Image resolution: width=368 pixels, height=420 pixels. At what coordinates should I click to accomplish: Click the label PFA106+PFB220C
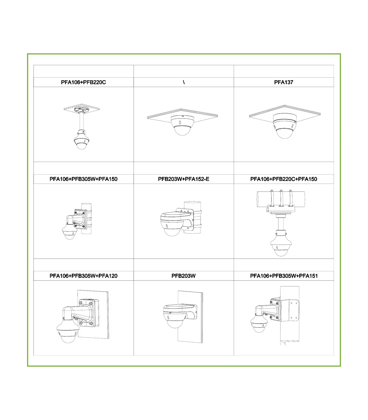coord(83,82)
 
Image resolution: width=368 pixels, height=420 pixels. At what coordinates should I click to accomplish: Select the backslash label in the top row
coord(184,82)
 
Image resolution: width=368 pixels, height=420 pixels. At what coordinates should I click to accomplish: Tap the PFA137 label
coord(283,82)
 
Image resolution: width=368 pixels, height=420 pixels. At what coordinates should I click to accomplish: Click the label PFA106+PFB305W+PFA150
coord(83,179)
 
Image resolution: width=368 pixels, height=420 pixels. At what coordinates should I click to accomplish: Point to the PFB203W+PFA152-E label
coord(184,179)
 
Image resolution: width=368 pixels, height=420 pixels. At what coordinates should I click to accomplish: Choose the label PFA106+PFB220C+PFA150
coord(283,179)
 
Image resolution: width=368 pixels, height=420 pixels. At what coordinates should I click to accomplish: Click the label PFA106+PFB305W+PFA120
coord(83,276)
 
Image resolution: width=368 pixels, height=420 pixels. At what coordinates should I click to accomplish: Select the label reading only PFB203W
coord(184,276)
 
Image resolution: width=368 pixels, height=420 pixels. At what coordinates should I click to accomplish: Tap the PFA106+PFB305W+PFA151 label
coord(284,276)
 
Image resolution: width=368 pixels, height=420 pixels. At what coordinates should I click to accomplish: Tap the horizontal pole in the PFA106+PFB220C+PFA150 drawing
coord(281,199)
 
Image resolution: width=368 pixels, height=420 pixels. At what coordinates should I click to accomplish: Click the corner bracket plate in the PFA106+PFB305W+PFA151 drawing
coord(289,310)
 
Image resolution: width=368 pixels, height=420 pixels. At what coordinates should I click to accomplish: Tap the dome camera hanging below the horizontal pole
coord(281,244)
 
